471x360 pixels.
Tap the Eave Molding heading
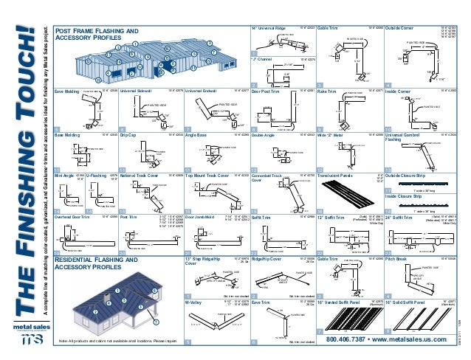(x=68, y=92)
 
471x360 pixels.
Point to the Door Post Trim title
(x=267, y=92)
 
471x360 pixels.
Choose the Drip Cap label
(x=128, y=135)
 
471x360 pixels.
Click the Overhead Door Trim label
(x=74, y=217)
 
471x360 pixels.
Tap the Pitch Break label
(x=393, y=260)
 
